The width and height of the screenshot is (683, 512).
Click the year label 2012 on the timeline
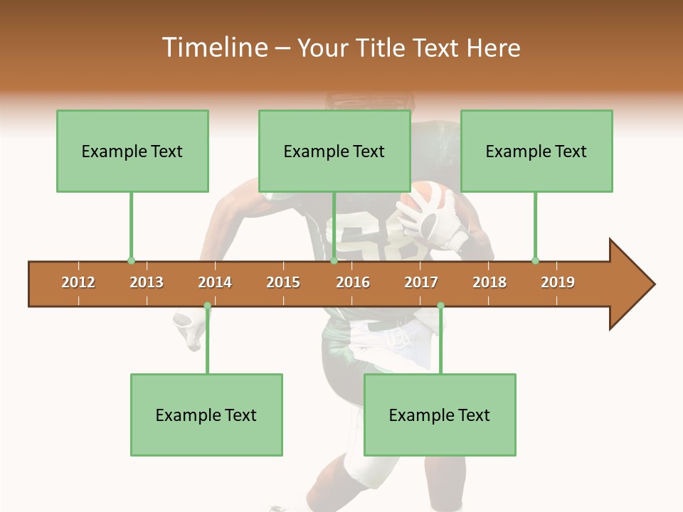pyautogui.click(x=78, y=282)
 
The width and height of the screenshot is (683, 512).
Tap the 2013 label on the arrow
pyautogui.click(x=147, y=282)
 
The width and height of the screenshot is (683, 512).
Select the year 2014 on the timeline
pyautogui.click(x=215, y=282)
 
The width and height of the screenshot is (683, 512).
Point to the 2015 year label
pyautogui.click(x=283, y=282)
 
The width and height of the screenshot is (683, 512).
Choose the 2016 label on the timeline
pyautogui.click(x=353, y=282)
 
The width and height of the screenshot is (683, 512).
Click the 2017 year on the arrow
pyautogui.click(x=421, y=282)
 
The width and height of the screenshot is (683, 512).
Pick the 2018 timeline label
pyautogui.click(x=489, y=282)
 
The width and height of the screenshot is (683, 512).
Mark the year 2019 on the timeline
pyautogui.click(x=558, y=282)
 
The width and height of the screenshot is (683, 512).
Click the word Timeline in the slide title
pyautogui.click(x=214, y=48)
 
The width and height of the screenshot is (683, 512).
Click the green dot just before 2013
pyautogui.click(x=131, y=260)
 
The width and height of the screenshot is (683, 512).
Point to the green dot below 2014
pyautogui.click(x=207, y=306)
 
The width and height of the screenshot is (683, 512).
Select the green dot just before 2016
pyautogui.click(x=334, y=260)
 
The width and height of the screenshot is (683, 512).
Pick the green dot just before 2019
pyautogui.click(x=535, y=260)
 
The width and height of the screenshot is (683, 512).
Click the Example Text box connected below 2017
pyautogui.click(x=440, y=415)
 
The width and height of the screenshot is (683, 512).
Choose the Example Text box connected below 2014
pyautogui.click(x=206, y=415)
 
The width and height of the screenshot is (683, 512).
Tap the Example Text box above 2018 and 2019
pyautogui.click(x=536, y=151)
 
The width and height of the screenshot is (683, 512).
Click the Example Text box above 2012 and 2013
pyautogui.click(x=132, y=151)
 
